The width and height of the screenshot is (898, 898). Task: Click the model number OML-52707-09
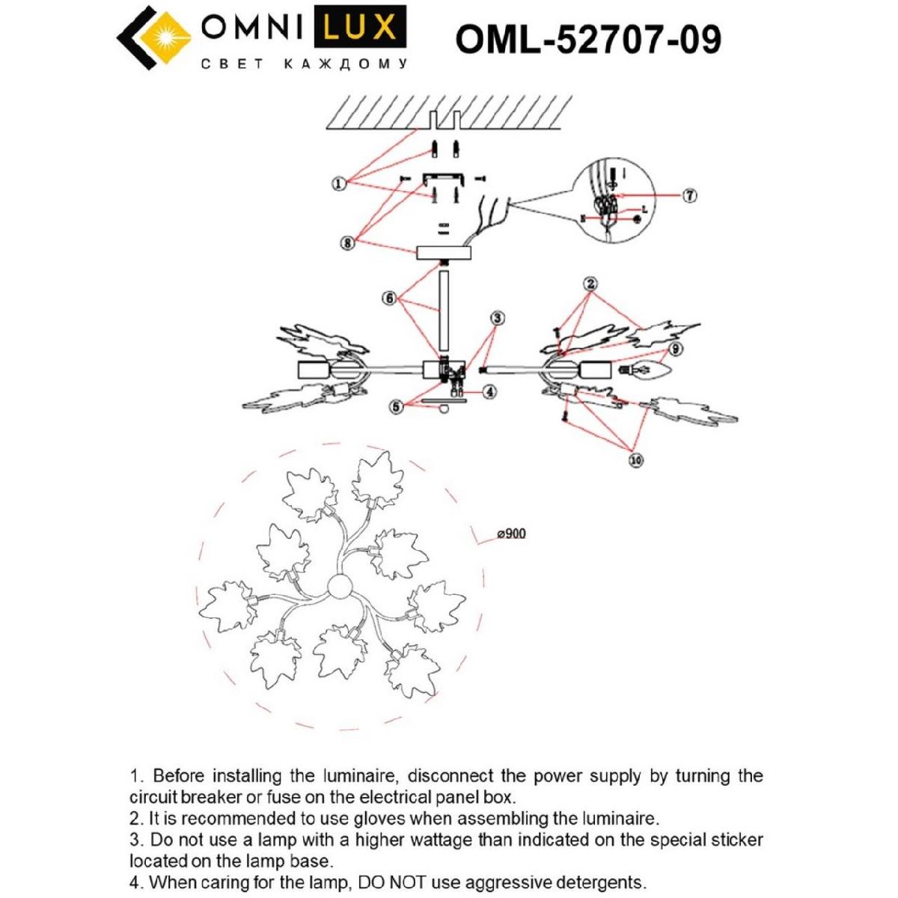pyautogui.click(x=588, y=40)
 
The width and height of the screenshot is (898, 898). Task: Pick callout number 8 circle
pyautogui.click(x=347, y=243)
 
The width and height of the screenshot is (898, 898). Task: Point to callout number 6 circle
pyautogui.click(x=389, y=298)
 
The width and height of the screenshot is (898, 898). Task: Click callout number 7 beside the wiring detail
pyautogui.click(x=690, y=195)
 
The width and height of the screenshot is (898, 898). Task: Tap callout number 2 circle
pyautogui.click(x=591, y=284)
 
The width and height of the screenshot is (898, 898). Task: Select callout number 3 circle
pyautogui.click(x=498, y=318)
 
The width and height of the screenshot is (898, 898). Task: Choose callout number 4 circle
pyautogui.click(x=489, y=391)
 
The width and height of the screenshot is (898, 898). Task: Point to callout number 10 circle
pyautogui.click(x=635, y=460)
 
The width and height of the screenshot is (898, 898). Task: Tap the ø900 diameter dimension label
pyautogui.click(x=511, y=534)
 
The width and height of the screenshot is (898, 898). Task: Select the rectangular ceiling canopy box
pyautogui.click(x=445, y=252)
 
